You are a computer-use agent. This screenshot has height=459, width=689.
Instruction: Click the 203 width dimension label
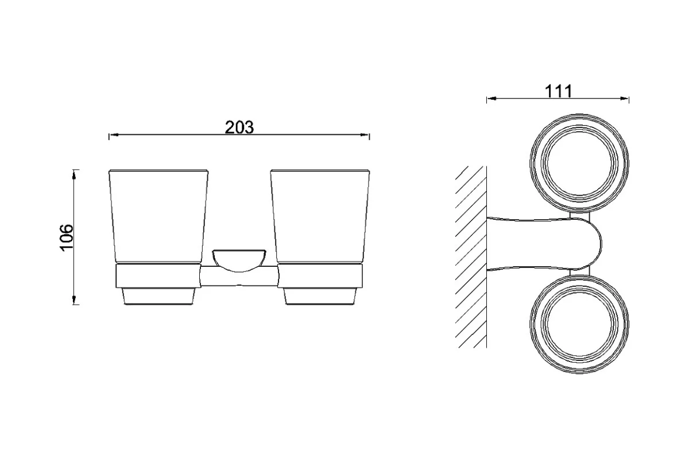[x=239, y=127]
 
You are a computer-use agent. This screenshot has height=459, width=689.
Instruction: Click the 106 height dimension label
[x=67, y=238]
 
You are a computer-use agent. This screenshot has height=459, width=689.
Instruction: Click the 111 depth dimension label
[x=558, y=91]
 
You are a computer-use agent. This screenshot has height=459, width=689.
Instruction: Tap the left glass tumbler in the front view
[x=158, y=216]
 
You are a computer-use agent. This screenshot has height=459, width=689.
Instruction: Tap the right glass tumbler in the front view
[x=320, y=216]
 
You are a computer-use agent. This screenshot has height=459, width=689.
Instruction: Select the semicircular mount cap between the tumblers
[x=239, y=260]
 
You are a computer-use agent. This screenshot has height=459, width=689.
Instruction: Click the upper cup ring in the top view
[x=579, y=163]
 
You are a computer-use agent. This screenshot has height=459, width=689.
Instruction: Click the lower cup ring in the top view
[x=579, y=324]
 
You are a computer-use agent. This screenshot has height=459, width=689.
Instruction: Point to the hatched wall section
[x=471, y=257]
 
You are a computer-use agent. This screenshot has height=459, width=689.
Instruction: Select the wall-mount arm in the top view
[x=544, y=244]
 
